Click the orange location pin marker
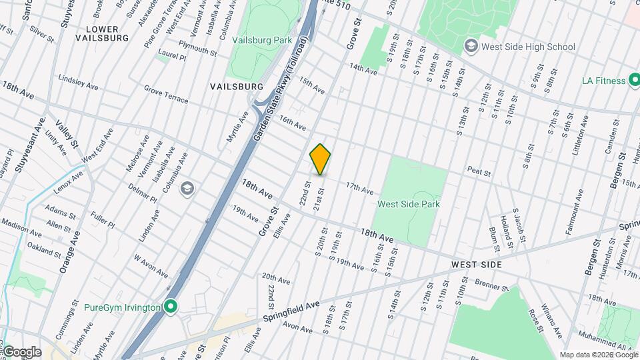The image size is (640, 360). pos(321,159)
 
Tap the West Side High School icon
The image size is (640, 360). pos(471,46)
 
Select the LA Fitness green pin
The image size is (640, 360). pos(637,81)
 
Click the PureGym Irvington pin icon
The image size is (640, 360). pos(171,307)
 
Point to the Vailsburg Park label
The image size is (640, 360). pos(262,40)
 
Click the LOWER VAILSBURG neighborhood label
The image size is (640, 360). pos(102,33)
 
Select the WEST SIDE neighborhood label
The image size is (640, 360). pos(475,265)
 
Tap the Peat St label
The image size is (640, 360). pos(479,173)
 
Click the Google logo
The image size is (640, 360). pos(22,351)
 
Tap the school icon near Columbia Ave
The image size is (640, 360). pos(187,187)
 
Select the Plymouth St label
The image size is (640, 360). pos(197,51)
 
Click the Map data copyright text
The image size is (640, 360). pos(598,355)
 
